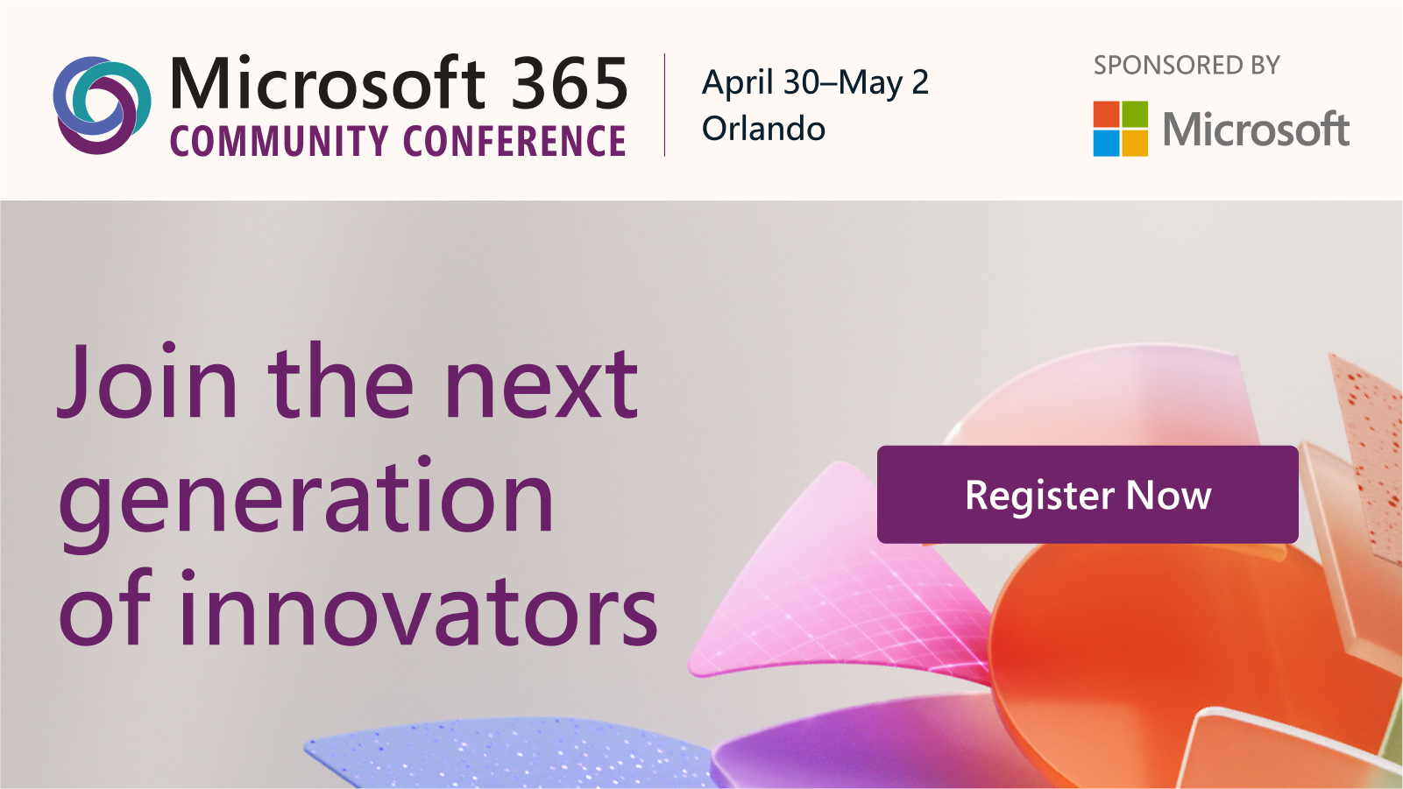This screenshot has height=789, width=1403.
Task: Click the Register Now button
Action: click(x=1087, y=495)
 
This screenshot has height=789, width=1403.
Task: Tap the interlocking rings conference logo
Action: click(x=101, y=105)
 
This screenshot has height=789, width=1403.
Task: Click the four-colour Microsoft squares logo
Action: click(x=1120, y=129)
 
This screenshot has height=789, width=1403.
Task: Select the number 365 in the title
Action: click(x=570, y=84)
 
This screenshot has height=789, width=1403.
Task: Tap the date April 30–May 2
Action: click(x=815, y=83)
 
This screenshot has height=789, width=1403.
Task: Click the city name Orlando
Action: click(x=763, y=129)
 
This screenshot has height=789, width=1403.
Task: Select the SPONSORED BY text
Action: click(x=1187, y=66)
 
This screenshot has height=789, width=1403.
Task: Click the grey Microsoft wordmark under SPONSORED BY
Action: click(x=1255, y=130)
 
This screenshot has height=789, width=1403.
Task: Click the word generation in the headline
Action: click(x=306, y=497)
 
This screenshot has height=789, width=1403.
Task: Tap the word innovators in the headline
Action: click(x=419, y=609)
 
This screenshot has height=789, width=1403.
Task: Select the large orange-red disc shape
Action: click(x=1166, y=657)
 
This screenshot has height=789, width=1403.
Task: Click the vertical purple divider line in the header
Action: click(x=664, y=105)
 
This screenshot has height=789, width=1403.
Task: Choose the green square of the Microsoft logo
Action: click(x=1135, y=114)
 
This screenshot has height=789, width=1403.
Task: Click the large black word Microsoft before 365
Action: click(x=327, y=84)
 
